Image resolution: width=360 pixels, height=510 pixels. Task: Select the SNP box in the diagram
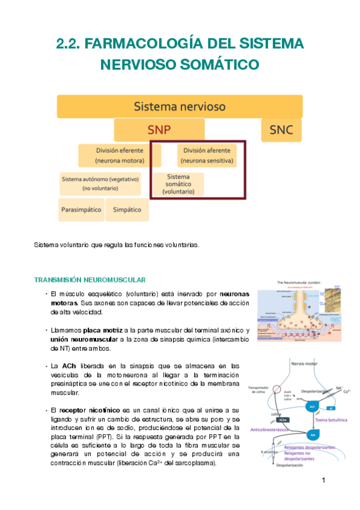tap(159, 130)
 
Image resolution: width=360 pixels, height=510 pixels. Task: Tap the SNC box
tap(281, 130)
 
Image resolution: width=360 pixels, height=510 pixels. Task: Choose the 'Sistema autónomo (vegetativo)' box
tap(100, 183)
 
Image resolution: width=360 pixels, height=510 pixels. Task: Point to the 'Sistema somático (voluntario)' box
tap(178, 184)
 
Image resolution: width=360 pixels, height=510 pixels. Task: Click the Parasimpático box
tap(81, 210)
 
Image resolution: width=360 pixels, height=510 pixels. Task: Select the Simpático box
tap(127, 210)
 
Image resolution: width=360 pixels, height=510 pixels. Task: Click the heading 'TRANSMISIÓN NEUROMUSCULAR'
tap(90, 280)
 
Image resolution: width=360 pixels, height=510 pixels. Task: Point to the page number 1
tap(323, 481)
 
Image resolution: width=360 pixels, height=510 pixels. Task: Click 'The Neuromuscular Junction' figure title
tap(300, 282)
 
